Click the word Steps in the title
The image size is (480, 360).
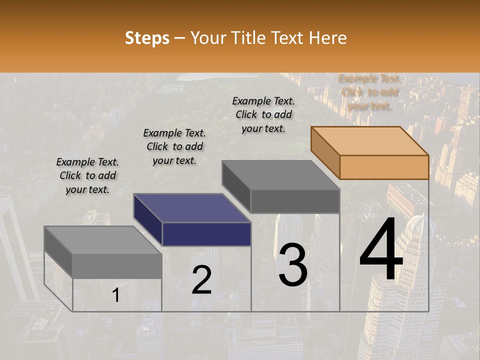click(x=147, y=38)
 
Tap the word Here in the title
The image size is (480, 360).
click(x=327, y=38)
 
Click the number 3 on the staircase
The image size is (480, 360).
click(x=293, y=265)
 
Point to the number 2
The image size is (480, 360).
click(x=201, y=280)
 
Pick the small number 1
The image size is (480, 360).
click(x=116, y=295)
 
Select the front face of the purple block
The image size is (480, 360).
click(x=206, y=234)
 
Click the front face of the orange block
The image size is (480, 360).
click(x=384, y=167)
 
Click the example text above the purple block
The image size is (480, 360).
click(x=174, y=146)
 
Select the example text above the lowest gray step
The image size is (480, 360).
click(x=87, y=175)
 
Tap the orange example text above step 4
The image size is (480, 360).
click(x=369, y=92)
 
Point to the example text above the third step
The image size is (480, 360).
click(x=263, y=114)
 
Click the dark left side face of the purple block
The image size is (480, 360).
click(x=148, y=220)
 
